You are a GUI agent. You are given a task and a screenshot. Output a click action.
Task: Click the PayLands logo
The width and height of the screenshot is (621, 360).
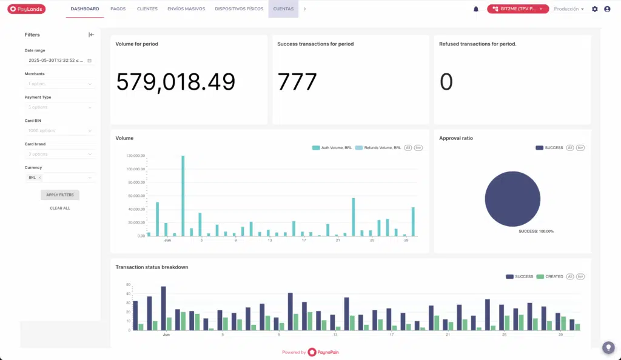pyautogui.click(x=27, y=9)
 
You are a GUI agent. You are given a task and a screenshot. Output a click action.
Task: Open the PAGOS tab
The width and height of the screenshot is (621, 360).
pyautogui.click(x=118, y=9)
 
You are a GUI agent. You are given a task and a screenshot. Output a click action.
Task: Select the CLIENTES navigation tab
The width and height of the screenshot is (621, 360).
pyautogui.click(x=147, y=9)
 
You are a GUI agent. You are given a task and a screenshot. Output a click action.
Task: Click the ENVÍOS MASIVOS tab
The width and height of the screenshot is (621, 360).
pyautogui.click(x=186, y=9)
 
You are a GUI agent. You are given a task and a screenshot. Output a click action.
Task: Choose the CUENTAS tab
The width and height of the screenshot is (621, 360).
pyautogui.click(x=283, y=9)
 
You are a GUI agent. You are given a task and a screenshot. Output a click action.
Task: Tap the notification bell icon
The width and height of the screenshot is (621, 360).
pyautogui.click(x=476, y=9)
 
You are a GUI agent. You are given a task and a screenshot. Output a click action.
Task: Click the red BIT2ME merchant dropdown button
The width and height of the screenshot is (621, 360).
pyautogui.click(x=517, y=9)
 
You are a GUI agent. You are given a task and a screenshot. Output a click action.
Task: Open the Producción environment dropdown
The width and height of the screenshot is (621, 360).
pyautogui.click(x=569, y=9)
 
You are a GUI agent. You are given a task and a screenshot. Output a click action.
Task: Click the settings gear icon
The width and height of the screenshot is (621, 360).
pyautogui.click(x=595, y=9)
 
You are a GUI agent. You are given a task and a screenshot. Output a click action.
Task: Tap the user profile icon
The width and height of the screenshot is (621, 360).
pyautogui.click(x=607, y=9)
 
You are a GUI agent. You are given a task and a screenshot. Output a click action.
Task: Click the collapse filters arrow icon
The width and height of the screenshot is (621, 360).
pyautogui.click(x=92, y=35)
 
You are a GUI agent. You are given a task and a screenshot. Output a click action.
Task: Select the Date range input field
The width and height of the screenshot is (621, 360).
pyautogui.click(x=59, y=61)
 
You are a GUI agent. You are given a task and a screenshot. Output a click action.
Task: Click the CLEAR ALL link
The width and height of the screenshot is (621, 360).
pyautogui.click(x=59, y=208)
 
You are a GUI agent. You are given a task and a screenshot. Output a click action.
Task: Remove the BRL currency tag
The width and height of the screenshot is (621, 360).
pyautogui.click(x=39, y=178)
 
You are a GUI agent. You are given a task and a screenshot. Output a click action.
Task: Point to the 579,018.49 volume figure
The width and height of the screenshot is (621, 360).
pyautogui.click(x=175, y=82)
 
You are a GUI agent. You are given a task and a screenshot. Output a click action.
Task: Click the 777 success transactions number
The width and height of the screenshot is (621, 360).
pyautogui.click(x=297, y=82)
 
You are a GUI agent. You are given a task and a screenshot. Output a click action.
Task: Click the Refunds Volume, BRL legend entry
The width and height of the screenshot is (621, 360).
pyautogui.click(x=378, y=148)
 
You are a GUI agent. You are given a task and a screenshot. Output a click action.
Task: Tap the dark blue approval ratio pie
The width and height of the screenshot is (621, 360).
pyautogui.click(x=512, y=199)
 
